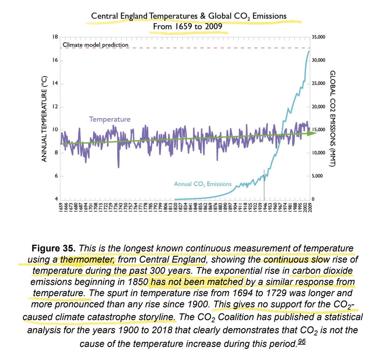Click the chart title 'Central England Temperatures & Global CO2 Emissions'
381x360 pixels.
(189, 16)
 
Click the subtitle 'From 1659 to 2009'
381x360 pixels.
(187, 27)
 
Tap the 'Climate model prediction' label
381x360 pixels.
(96, 45)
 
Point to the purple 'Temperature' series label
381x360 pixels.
(110, 119)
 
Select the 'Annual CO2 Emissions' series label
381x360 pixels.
(203, 184)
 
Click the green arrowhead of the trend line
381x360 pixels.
(312, 133)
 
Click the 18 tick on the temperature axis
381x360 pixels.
(55, 37)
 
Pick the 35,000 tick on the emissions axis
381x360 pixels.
(318, 37)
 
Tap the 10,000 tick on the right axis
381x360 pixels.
(318, 153)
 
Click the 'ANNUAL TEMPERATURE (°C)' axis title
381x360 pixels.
(44, 119)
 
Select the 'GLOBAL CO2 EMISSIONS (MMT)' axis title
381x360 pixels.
(332, 119)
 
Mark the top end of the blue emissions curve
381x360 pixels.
(309, 51)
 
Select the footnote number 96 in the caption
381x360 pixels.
(301, 341)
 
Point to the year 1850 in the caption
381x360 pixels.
(138, 282)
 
